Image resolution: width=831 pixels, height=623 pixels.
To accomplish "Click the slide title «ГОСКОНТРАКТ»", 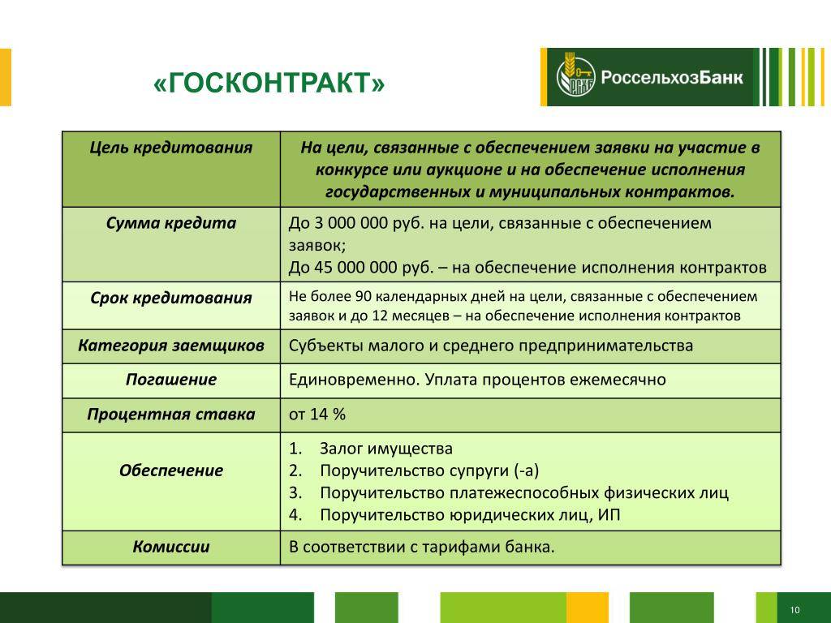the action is tap(269, 84).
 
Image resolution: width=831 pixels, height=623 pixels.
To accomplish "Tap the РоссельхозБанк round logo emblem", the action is tap(575, 77).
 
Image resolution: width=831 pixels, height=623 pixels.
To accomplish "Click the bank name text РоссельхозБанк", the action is tap(671, 78).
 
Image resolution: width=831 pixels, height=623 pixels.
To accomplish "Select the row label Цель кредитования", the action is tap(170, 148).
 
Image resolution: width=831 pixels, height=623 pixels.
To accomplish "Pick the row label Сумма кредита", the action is tap(170, 223).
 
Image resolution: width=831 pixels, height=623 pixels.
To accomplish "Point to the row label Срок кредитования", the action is tap(170, 298).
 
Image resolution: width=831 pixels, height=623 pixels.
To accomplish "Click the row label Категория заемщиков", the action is tap(170, 346).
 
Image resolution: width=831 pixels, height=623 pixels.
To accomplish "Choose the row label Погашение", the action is tap(170, 380).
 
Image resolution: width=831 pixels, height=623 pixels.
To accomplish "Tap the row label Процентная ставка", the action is tap(170, 415).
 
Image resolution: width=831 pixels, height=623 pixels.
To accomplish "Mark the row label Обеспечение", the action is tap(170, 470).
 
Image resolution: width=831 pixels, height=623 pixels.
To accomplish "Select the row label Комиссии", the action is tap(170, 547).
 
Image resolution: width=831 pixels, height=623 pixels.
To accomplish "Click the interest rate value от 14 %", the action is tap(317, 415).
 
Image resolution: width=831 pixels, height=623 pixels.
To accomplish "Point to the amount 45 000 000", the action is tap(363, 267).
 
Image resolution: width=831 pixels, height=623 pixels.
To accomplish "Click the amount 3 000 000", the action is tap(351, 223).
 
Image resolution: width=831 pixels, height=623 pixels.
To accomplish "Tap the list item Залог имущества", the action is tap(385, 449).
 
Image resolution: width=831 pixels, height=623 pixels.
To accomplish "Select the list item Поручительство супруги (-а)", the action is tap(429, 471).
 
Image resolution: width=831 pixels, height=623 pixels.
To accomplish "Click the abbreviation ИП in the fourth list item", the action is tap(609, 515).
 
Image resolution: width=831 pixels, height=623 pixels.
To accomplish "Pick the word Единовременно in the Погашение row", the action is tap(355, 380).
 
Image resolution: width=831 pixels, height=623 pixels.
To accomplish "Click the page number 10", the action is tap(794, 610).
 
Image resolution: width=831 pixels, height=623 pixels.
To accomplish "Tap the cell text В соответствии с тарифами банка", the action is tap(421, 547).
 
